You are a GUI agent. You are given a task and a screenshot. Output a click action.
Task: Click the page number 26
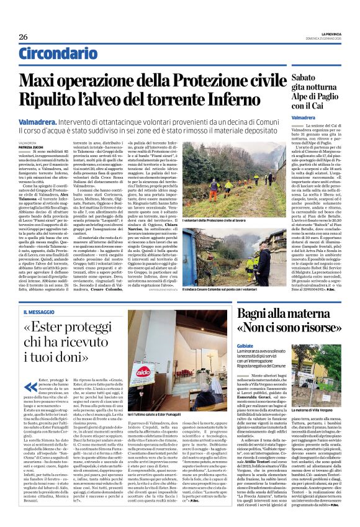pos(23,37)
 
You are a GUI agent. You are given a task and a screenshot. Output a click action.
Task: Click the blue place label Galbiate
pos(246,345)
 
